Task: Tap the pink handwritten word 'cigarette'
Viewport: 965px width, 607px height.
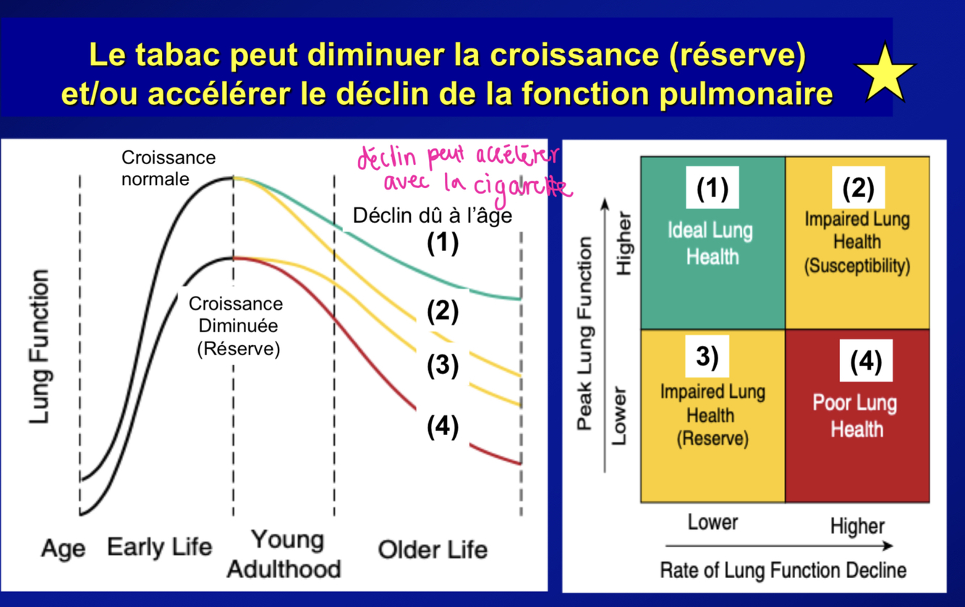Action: click(x=521, y=187)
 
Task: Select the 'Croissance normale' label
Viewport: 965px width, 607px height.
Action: click(x=168, y=168)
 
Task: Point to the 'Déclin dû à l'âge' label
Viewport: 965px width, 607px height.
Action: click(x=432, y=216)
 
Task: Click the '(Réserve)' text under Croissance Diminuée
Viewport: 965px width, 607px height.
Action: click(x=238, y=349)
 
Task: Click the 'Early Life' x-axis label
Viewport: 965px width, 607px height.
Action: click(x=159, y=547)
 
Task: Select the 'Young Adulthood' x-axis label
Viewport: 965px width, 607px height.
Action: click(x=284, y=554)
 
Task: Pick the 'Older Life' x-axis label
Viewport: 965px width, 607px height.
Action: click(x=432, y=550)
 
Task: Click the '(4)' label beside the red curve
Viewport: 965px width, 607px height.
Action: click(x=442, y=427)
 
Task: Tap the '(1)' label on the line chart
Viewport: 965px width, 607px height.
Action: click(x=442, y=243)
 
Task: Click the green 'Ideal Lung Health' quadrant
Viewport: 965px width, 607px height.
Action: click(x=713, y=242)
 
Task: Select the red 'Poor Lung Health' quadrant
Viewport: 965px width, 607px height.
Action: click(x=857, y=416)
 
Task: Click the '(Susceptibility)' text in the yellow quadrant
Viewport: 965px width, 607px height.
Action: click(x=857, y=266)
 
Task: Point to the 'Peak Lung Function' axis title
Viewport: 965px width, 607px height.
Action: click(x=585, y=333)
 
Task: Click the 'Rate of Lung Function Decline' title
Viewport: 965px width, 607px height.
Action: click(x=783, y=571)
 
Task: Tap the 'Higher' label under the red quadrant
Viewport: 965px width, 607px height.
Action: click(x=857, y=526)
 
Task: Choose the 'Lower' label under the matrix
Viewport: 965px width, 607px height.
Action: click(x=713, y=522)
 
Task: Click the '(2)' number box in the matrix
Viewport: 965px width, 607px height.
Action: click(x=858, y=188)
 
